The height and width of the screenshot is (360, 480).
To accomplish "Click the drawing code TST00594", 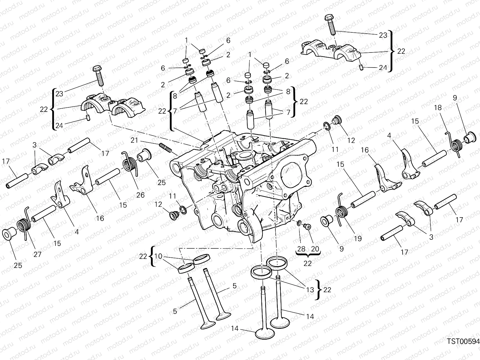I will tap(463, 341).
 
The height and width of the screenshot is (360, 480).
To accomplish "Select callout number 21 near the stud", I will tap(134, 140).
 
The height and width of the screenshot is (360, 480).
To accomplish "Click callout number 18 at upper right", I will tap(438, 107).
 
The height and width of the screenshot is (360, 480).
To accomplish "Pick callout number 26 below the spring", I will tap(140, 195).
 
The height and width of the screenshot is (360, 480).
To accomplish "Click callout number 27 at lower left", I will tap(37, 254).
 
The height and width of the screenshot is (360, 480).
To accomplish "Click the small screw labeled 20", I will tap(307, 227).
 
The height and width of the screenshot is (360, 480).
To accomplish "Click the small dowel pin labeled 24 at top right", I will tap(361, 68).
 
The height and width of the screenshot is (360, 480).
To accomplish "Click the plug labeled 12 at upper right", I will tap(338, 120).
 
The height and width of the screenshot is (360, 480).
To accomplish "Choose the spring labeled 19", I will tap(342, 212).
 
